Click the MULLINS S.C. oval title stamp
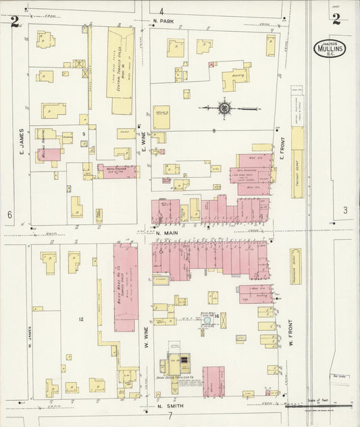pos(331,48)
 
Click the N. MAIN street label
pos(166,234)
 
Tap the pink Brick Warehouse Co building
pos(126,287)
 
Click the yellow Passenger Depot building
pos(295,266)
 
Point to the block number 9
pos(83,134)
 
